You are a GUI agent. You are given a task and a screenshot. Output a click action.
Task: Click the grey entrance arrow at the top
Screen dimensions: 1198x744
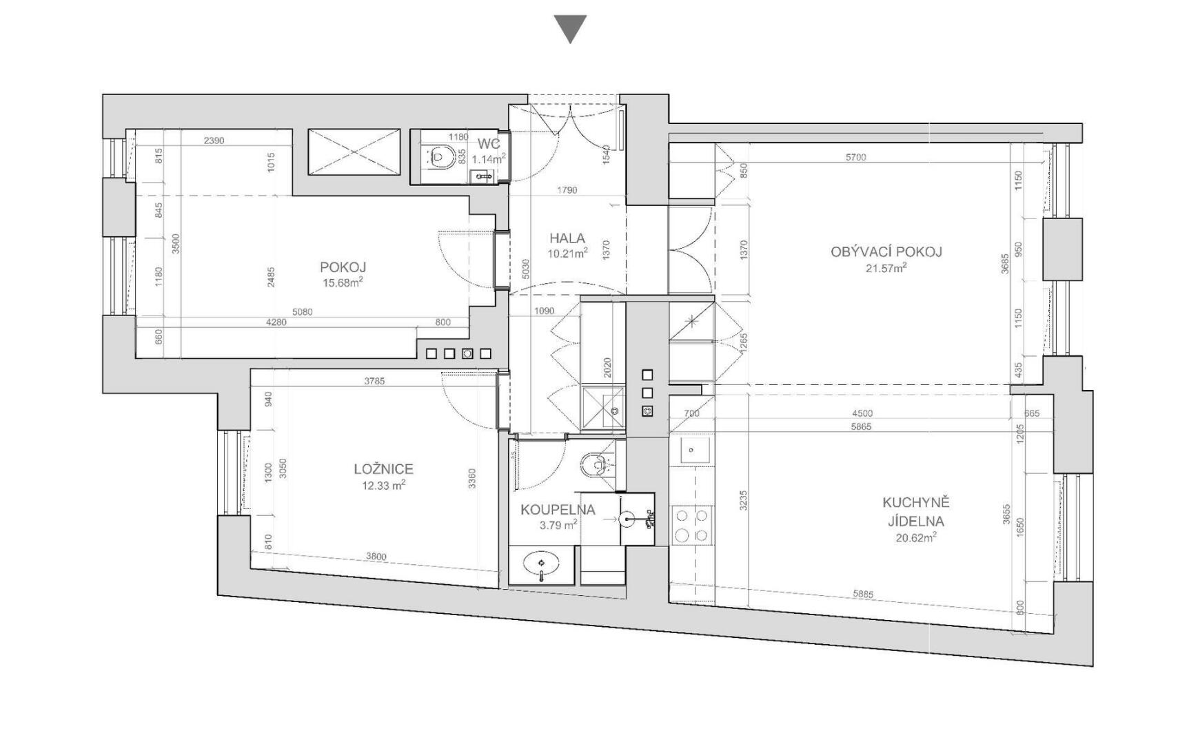[x=570, y=27]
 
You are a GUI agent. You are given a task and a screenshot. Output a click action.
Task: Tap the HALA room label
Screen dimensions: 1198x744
[x=567, y=238]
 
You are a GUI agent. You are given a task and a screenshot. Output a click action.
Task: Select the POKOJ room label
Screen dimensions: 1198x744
[x=343, y=267]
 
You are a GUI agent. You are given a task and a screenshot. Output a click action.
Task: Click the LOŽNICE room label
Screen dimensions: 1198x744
[x=383, y=469]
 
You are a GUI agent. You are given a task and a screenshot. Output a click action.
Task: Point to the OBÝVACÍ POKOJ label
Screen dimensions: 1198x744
[x=886, y=251]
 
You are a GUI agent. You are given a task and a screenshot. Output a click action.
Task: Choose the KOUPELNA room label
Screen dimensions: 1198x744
[x=558, y=510]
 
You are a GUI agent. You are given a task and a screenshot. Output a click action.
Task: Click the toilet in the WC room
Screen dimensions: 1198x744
[x=440, y=157]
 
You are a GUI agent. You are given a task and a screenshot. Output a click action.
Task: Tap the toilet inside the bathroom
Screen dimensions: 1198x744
[x=595, y=465]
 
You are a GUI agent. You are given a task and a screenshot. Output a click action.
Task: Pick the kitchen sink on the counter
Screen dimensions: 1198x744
[x=691, y=451]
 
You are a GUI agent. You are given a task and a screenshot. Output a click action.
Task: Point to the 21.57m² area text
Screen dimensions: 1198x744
[x=886, y=268]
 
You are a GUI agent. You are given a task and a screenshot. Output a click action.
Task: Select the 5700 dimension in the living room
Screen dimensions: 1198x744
[x=855, y=157]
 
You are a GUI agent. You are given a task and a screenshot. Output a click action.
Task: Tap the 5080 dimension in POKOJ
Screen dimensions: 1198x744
[x=302, y=312]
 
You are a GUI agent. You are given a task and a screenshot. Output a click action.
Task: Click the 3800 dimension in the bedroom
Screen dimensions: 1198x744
[x=376, y=557]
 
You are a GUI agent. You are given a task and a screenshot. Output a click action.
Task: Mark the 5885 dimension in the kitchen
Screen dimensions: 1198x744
[x=862, y=593]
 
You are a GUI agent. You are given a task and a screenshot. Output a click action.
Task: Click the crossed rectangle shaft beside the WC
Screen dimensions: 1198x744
[x=354, y=152]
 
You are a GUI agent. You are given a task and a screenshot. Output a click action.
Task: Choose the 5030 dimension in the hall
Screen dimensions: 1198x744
[x=526, y=269]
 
